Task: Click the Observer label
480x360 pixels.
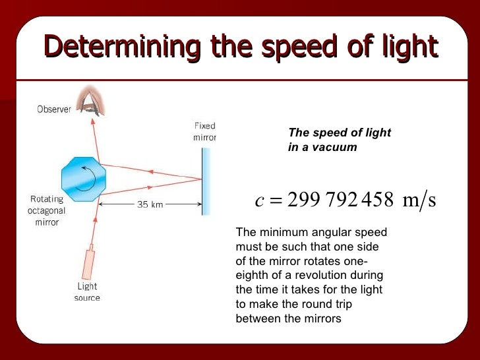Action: point(54,109)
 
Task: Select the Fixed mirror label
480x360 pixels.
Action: point(204,131)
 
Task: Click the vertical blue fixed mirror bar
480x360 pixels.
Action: point(205,181)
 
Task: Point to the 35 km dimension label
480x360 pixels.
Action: point(150,204)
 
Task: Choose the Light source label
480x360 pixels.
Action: point(87,292)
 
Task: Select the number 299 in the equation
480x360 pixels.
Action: point(301,200)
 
